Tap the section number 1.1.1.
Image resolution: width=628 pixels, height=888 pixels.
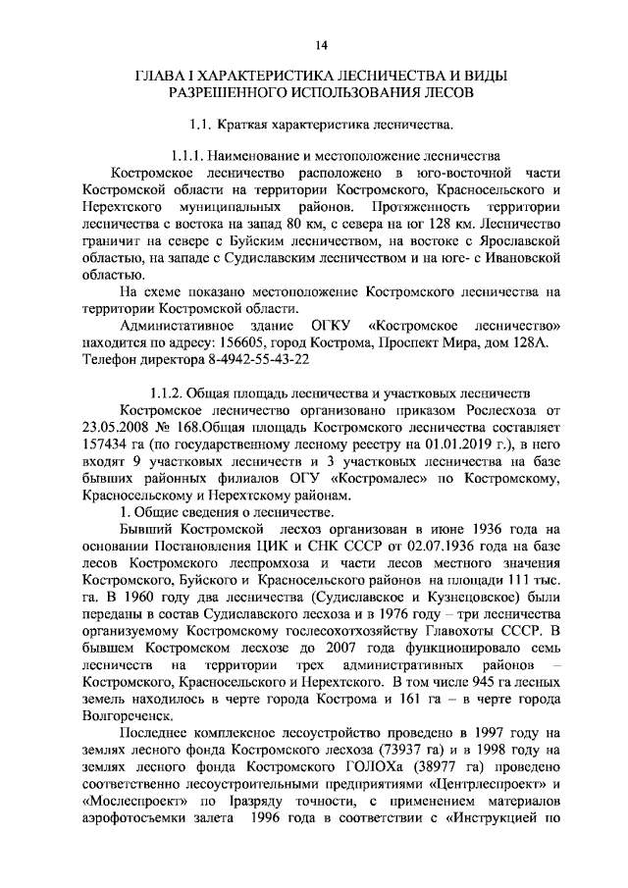tap(194, 156)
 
